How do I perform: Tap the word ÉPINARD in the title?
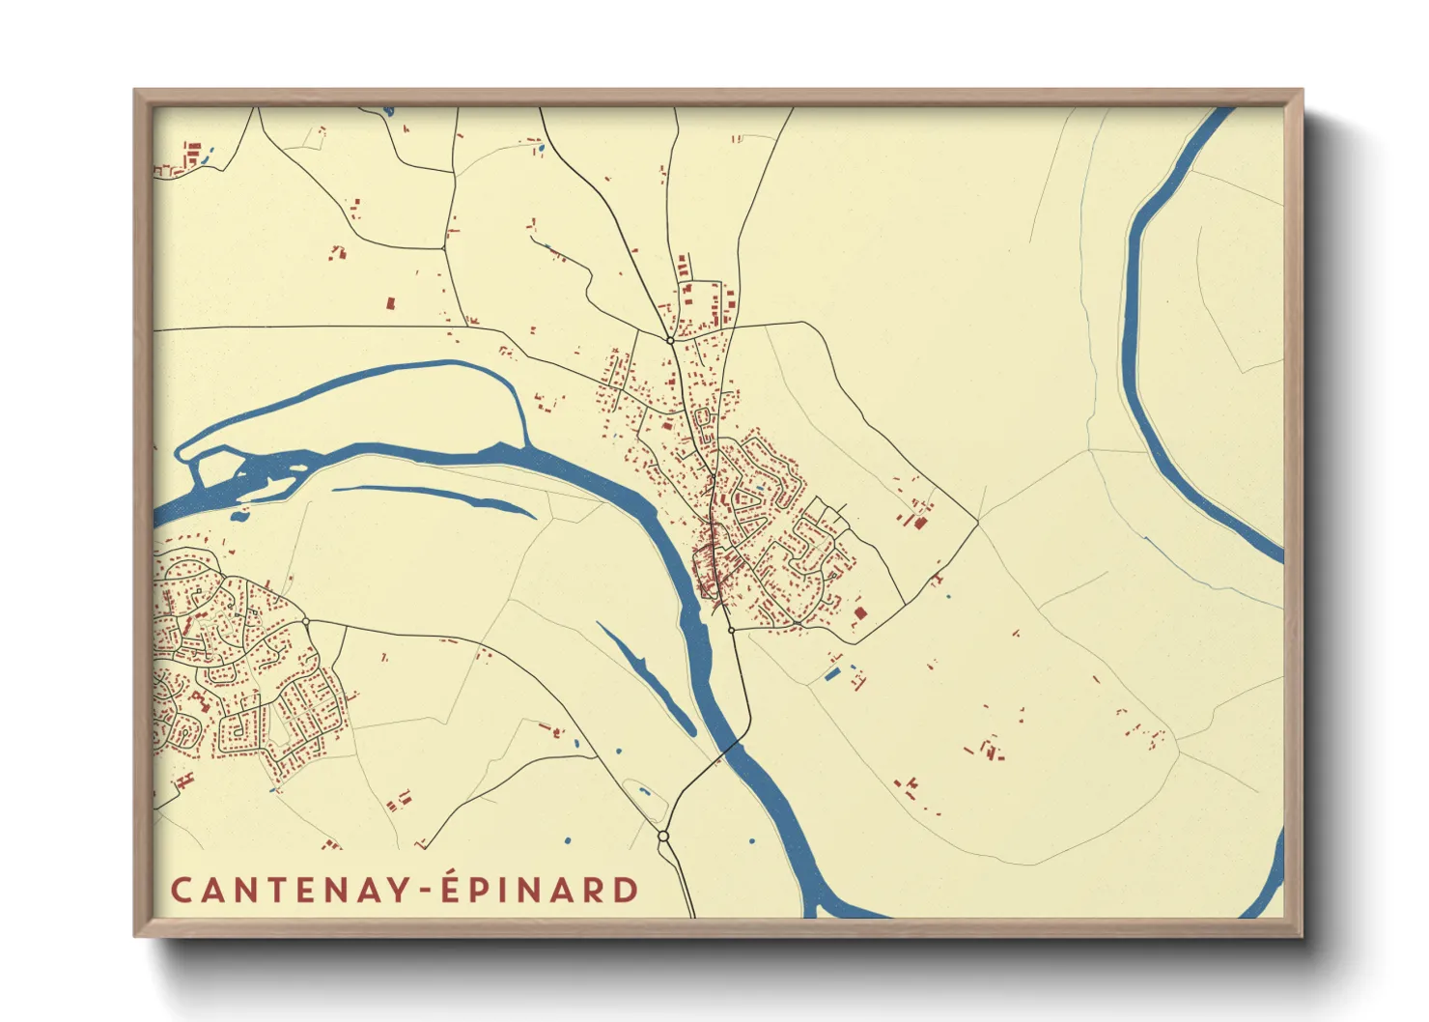click(x=540, y=889)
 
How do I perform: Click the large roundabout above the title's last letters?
click(x=663, y=836)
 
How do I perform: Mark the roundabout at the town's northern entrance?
click(x=670, y=340)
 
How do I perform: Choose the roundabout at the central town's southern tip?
click(x=731, y=630)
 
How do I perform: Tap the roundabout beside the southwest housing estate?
click(x=305, y=621)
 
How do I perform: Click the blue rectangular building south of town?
click(x=832, y=674)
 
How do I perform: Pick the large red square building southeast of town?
click(x=860, y=612)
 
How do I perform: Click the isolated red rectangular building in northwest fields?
click(x=391, y=302)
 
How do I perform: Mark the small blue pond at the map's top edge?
click(x=388, y=110)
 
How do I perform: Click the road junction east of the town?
click(x=977, y=523)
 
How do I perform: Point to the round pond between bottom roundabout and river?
click(x=752, y=841)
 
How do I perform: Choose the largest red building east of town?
click(x=920, y=523)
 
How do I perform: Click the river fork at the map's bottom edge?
click(x=821, y=908)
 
